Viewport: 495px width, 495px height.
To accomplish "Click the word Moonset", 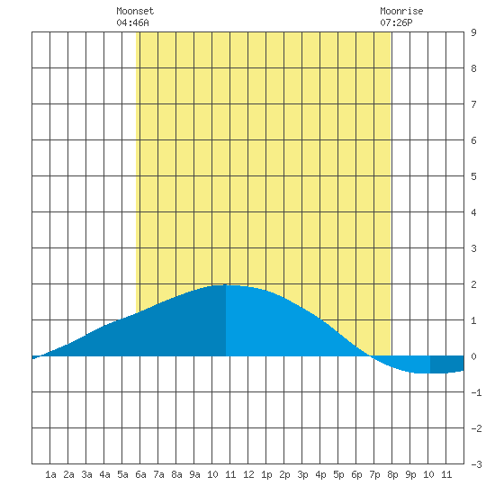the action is pos(135,11).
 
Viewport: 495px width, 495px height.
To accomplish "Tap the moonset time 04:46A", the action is pos(132,22).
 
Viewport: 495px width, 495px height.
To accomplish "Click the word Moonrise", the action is pos(401,11).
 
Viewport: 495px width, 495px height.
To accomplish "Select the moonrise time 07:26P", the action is pos(396,22).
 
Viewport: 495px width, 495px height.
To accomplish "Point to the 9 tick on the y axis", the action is pos(473,32).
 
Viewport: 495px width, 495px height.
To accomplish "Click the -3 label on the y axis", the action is pos(476,464).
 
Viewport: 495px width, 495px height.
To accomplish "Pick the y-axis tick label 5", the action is pos(473,176).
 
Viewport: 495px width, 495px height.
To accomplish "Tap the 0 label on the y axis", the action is pos(473,356).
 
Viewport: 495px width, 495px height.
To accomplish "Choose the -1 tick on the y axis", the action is pos(476,392).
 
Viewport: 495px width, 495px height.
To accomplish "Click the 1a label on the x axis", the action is pos(50,474).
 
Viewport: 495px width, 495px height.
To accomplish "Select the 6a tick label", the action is pos(140,474).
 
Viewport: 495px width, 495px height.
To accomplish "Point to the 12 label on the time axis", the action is pos(248,474).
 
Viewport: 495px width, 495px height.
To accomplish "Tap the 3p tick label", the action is pos(302,474).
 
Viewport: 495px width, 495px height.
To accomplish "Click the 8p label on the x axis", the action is pos(392,474).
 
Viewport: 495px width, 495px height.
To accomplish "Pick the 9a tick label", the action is pos(194,474).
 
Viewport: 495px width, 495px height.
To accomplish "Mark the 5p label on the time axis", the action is pos(338,474).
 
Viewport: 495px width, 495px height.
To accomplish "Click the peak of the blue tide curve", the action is pos(225,285).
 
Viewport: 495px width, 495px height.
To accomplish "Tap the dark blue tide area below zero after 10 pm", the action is pos(446,364).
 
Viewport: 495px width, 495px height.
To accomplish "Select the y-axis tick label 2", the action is pos(473,284).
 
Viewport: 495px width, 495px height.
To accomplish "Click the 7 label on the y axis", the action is pos(473,104).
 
